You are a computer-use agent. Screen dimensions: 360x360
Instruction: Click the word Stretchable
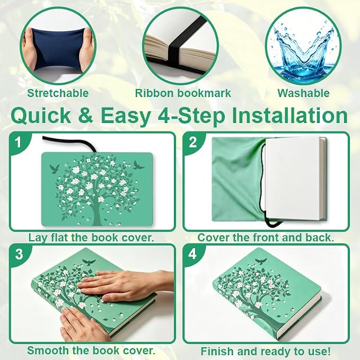click(x=58, y=93)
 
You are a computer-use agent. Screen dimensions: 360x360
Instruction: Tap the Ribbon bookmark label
click(x=183, y=93)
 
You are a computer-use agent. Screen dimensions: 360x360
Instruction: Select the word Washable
click(x=303, y=93)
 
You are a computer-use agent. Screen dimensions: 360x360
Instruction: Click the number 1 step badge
click(x=19, y=143)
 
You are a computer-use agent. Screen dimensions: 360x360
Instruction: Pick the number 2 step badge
click(x=193, y=142)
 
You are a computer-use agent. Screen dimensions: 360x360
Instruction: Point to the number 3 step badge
click(x=19, y=254)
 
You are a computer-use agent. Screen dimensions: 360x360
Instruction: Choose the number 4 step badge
click(x=192, y=254)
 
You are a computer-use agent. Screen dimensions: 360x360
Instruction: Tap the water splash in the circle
click(x=303, y=50)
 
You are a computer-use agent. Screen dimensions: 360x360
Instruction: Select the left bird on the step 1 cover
click(x=55, y=169)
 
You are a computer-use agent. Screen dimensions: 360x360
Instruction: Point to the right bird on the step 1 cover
click(x=139, y=165)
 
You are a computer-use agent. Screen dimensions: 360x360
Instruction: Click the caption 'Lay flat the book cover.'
click(x=91, y=238)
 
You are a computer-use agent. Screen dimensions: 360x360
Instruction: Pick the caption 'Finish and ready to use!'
click(x=266, y=352)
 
